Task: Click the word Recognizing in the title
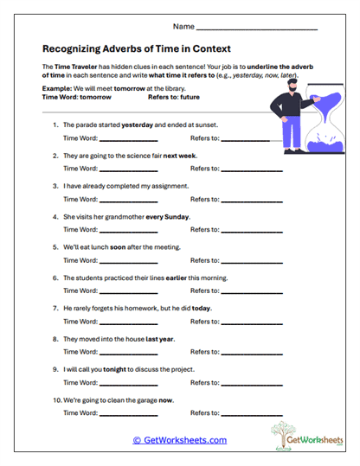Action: [x=75, y=48]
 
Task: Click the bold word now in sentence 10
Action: [x=166, y=399]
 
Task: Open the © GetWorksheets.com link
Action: [x=180, y=440]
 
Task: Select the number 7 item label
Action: [x=56, y=308]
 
